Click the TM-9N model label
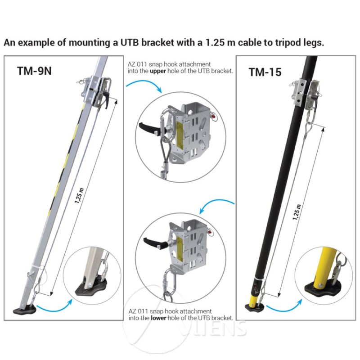tap(34, 71)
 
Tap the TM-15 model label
tap(265, 72)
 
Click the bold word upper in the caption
tap(158, 72)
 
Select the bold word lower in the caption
tap(158, 318)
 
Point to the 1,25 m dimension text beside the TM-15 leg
tap(296, 212)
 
